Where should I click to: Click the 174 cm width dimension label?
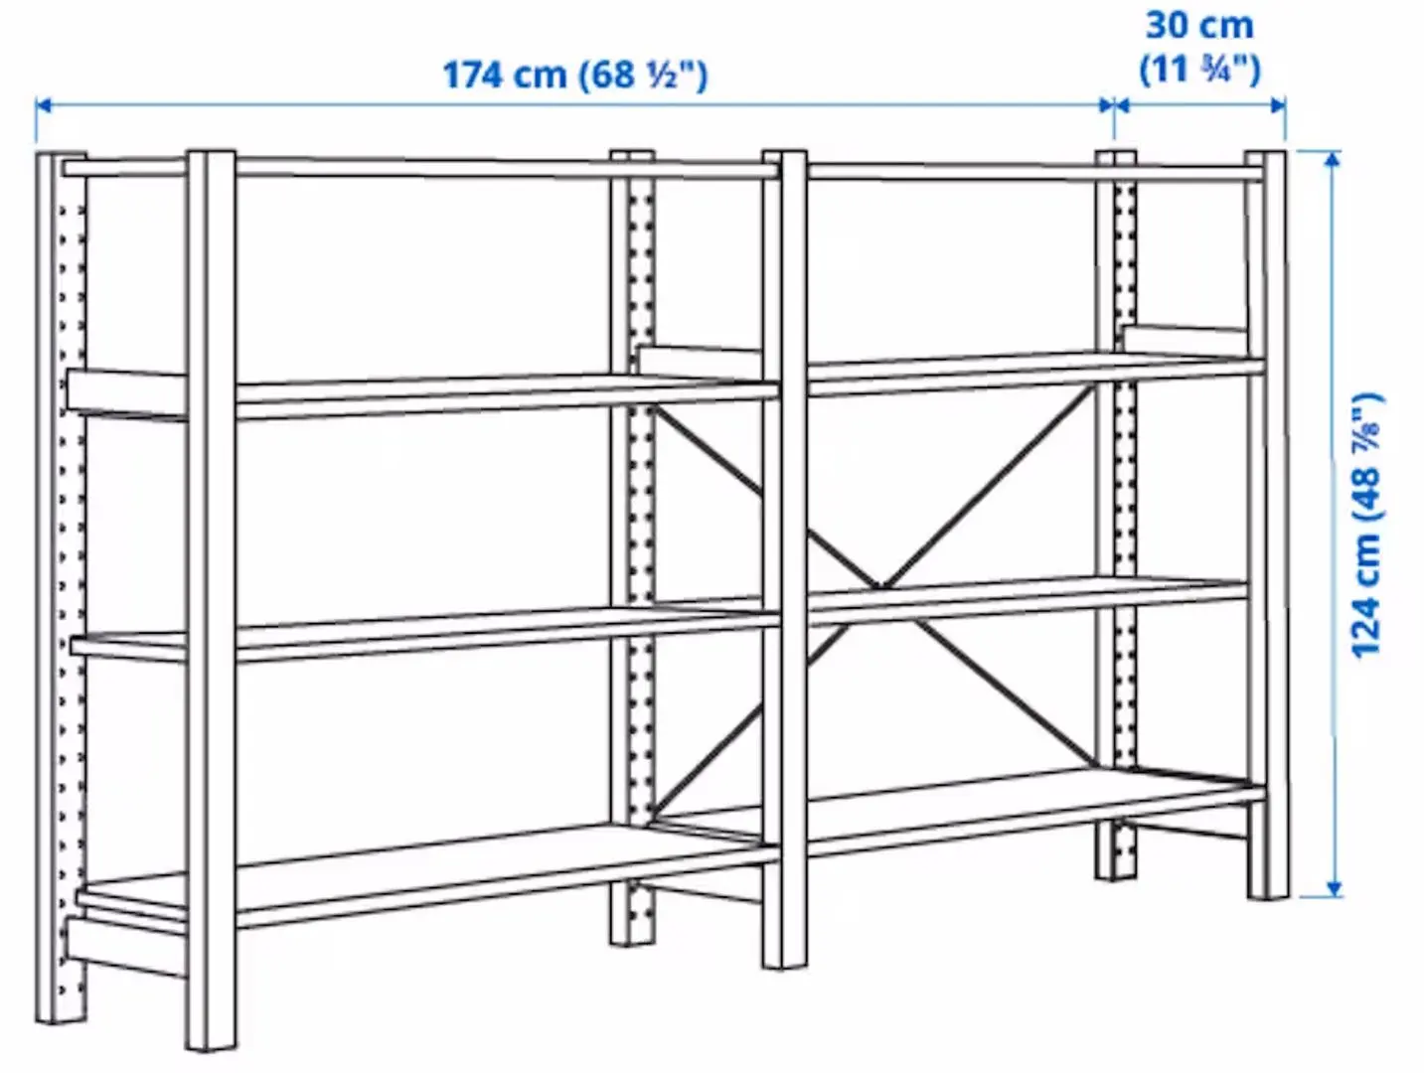point(574,76)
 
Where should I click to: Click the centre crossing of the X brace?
point(878,586)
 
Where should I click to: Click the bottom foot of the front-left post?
point(212,1043)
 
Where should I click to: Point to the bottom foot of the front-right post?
point(1269,891)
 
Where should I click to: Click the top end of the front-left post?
point(211,157)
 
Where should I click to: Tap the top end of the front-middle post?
point(785,156)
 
